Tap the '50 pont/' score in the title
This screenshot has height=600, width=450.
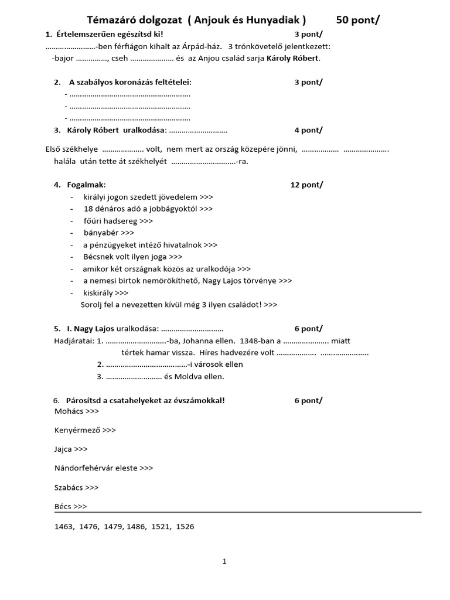coord(358,21)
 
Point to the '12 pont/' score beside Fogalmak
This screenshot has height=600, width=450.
coord(306,185)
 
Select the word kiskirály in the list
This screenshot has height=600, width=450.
coord(98,292)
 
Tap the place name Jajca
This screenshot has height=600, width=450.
coord(63,449)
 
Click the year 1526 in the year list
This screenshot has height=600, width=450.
coord(185,526)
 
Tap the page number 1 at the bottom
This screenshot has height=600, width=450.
coord(224,561)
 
